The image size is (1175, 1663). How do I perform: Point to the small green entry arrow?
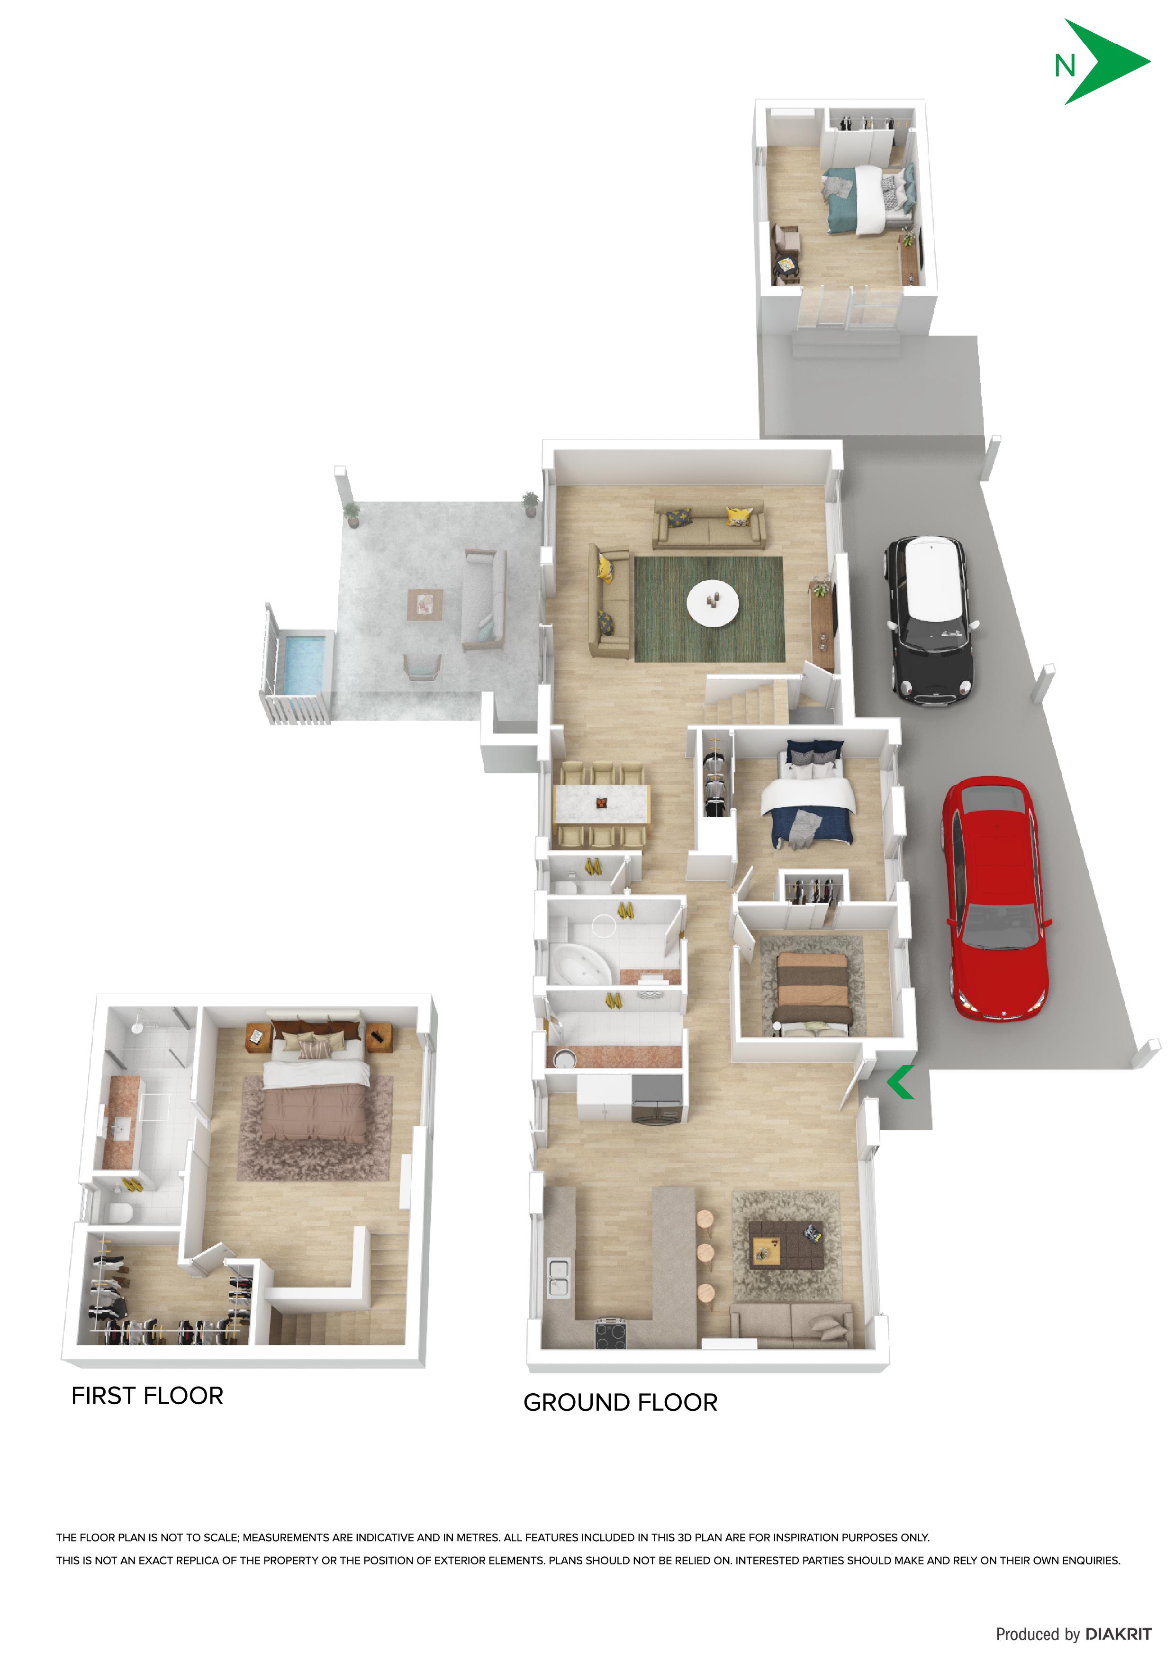pos(899,1083)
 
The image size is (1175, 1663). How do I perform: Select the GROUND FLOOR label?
pos(621,1402)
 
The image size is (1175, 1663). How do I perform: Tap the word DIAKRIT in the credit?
pos(1118,1634)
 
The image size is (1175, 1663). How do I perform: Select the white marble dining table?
pos(601,803)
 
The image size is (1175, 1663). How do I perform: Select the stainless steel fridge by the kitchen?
pos(657,1098)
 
